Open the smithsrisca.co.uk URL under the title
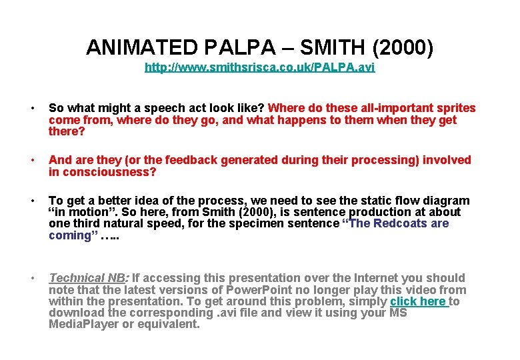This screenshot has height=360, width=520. click(259, 67)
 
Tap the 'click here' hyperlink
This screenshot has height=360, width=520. click(419, 301)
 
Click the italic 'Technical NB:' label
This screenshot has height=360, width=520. click(86, 278)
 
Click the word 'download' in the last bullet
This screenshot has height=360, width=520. click(75, 313)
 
